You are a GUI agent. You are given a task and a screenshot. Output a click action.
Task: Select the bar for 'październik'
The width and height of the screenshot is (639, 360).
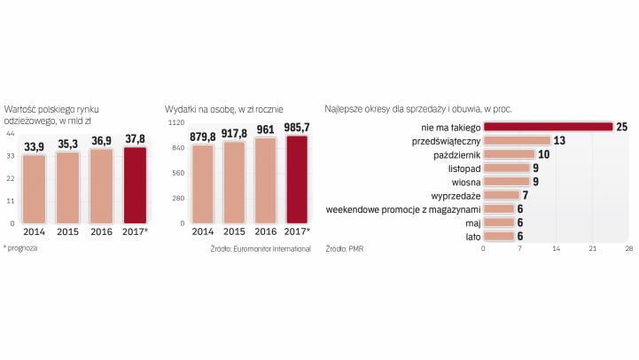[510, 154]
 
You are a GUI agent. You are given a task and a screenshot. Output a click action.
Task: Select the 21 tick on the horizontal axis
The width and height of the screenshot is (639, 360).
[592, 249]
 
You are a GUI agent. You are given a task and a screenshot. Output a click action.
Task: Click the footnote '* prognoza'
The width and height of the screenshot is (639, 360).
[20, 248]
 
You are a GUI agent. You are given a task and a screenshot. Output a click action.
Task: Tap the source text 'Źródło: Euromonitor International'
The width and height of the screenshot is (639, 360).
[261, 249]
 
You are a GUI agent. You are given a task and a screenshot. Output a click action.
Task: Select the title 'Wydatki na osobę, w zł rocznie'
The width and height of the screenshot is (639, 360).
[224, 108]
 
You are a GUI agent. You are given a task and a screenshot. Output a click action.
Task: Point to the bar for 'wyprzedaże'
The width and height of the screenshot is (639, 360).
[502, 195]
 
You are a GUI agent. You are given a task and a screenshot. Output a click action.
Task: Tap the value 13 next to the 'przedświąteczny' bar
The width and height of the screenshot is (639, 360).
[559, 141]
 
